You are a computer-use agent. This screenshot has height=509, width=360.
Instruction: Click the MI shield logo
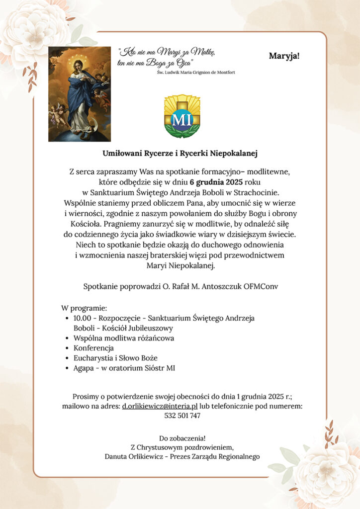point(182,116)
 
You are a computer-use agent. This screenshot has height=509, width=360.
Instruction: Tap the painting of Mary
point(80,94)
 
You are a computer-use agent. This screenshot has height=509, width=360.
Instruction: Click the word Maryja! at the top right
point(284,55)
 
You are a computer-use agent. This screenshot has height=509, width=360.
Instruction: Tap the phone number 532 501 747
point(182,416)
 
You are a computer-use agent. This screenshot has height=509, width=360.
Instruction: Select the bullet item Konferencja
point(93,348)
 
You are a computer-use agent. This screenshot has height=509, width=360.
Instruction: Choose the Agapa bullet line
point(124,368)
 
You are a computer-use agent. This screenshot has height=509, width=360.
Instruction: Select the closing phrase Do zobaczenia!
point(182,438)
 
